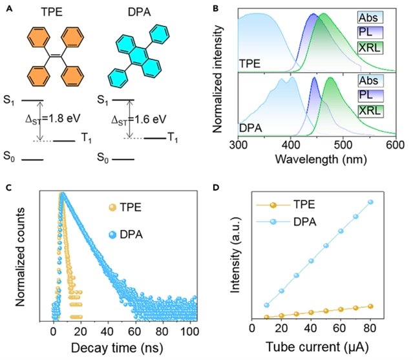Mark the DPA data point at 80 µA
(370, 202)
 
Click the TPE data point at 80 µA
(370, 306)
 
